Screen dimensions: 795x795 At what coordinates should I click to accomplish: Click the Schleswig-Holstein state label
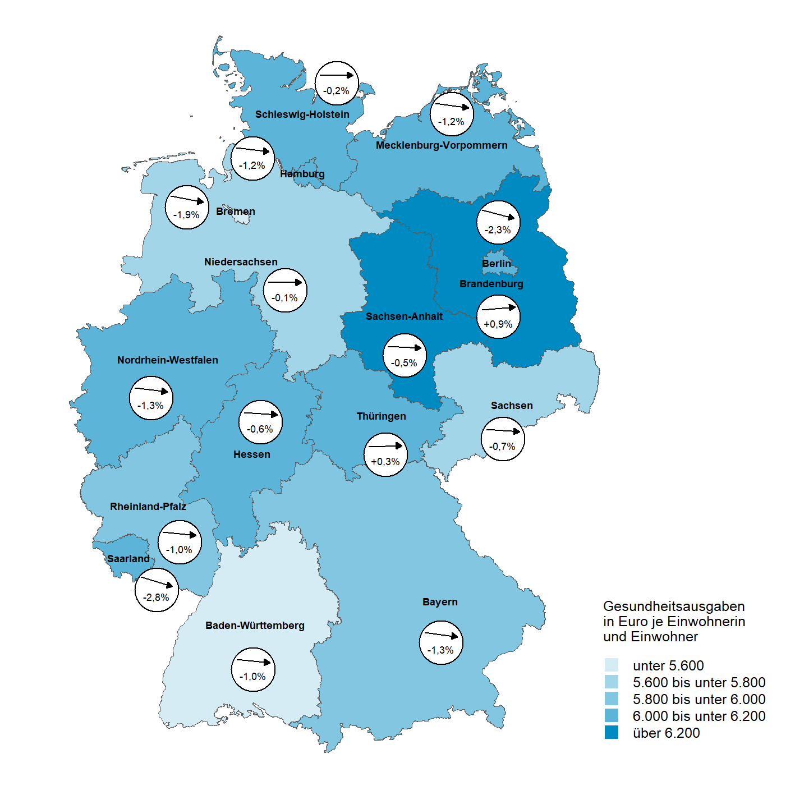[302, 114]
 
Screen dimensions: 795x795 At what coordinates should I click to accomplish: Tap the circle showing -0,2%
[337, 83]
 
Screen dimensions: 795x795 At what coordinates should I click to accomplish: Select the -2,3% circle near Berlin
[498, 222]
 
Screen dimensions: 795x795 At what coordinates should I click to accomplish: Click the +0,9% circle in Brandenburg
[498, 316]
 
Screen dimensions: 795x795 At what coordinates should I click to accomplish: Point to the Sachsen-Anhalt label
[404, 316]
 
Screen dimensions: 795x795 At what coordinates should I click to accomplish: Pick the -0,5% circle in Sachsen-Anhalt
[405, 356]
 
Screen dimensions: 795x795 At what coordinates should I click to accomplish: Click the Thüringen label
[381, 416]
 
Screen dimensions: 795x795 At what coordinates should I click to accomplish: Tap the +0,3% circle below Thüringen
[385, 454]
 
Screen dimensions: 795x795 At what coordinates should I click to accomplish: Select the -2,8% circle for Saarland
[157, 590]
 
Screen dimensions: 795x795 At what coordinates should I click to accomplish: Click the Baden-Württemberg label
[255, 626]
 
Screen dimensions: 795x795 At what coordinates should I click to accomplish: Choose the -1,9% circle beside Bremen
[187, 207]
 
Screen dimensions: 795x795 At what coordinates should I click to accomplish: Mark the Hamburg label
[302, 174]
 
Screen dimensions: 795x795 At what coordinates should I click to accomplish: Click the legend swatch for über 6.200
[611, 732]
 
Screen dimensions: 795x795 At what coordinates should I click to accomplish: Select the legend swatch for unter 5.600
[611, 665]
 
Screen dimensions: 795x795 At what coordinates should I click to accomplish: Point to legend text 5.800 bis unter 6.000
[699, 699]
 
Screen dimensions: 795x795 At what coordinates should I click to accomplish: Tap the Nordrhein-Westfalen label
[167, 360]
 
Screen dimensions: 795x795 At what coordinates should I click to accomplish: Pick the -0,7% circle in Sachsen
[503, 439]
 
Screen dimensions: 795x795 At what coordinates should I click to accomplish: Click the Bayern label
[440, 602]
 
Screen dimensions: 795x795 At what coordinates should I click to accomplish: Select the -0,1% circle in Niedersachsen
[285, 290]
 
